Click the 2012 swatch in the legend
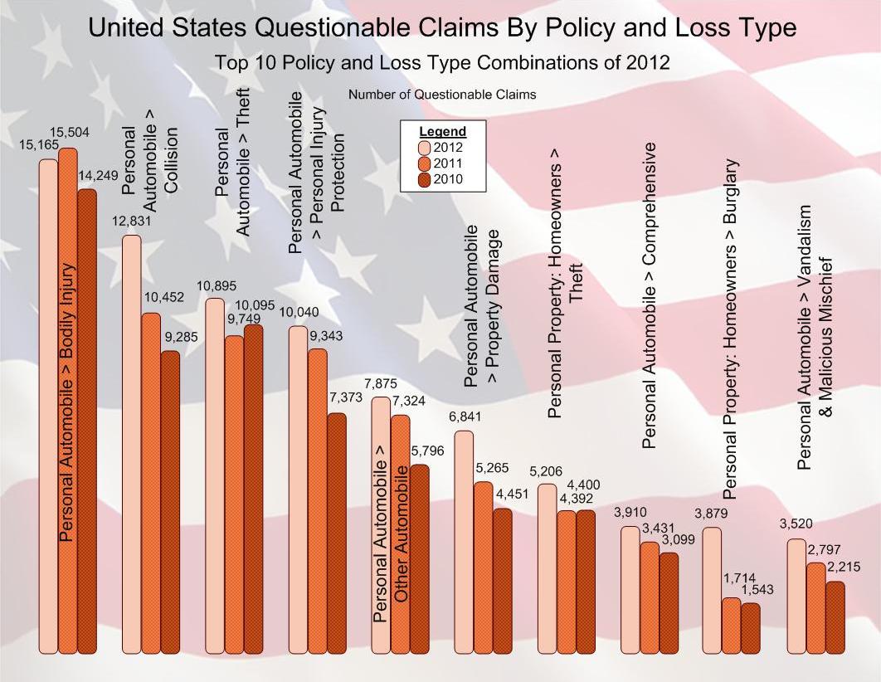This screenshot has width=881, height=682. click(412, 148)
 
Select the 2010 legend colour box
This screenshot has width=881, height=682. click(412, 179)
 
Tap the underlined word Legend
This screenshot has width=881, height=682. click(442, 131)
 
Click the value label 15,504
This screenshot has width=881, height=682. click(70, 133)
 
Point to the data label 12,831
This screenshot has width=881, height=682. click(133, 220)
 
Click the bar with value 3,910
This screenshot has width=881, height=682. click(630, 589)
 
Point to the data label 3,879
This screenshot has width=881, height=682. click(711, 514)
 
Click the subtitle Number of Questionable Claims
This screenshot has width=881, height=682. click(442, 95)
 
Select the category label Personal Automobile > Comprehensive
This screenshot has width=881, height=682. click(650, 296)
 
